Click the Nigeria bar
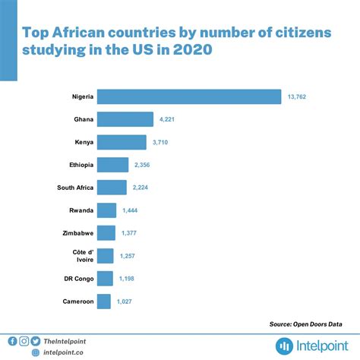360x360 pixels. tap(189, 96)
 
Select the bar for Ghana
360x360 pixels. tap(125, 119)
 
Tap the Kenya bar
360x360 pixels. tap(122, 142)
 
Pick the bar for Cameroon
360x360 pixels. tap(104, 302)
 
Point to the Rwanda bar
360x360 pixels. tap(106, 210)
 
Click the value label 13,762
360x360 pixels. tap(297, 96)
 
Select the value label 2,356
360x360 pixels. tap(142, 165)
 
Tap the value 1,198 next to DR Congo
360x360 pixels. tap(127, 279)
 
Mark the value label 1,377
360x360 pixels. tap(129, 233)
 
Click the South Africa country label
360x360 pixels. tap(75, 188)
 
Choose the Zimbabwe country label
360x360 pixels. tap(78, 233)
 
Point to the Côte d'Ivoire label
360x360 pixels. tap(83, 256)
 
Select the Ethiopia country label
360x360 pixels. tap(81, 165)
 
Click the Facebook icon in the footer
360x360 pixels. tap(12, 341)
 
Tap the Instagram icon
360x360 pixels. tap(24, 341)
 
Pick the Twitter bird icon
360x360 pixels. tap(36, 341)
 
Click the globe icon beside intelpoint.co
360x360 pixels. tap(36, 352)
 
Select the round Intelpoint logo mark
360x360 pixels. tap(284, 346)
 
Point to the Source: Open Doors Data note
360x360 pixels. tap(305, 324)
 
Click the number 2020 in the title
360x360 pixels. tap(193, 49)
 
